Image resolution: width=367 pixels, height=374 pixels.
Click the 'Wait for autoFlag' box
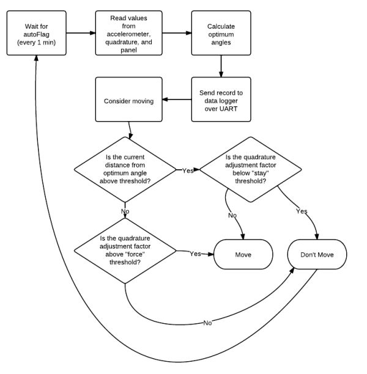pyautogui.click(x=37, y=33)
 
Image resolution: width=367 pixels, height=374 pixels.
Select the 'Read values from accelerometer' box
pyautogui.click(x=129, y=33)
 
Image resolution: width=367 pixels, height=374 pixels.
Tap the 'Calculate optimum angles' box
pyautogui.click(x=221, y=33)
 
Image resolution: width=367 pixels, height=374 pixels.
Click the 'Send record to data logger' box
pyautogui.click(x=221, y=100)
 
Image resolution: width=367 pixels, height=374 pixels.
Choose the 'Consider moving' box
pyautogui.click(x=129, y=100)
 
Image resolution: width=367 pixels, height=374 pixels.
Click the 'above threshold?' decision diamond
pyautogui.click(x=125, y=170)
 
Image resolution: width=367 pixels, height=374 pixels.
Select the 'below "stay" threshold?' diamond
pyautogui.click(x=250, y=170)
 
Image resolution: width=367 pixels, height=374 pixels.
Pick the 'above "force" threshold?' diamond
pyautogui.click(x=125, y=251)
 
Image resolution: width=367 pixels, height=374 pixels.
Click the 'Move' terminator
pyautogui.click(x=243, y=254)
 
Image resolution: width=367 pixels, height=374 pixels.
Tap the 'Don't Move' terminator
pyautogui.click(x=317, y=254)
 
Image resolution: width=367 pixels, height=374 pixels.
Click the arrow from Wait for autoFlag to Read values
pyautogui.click(x=81, y=33)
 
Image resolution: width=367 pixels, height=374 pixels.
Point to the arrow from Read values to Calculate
pyautogui.click(x=177, y=33)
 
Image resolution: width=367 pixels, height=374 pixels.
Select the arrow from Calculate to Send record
pyautogui.click(x=221, y=67)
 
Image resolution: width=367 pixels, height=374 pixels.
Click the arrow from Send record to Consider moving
pyautogui.click(x=177, y=100)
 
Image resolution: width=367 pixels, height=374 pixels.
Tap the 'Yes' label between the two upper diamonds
pyautogui.click(x=188, y=170)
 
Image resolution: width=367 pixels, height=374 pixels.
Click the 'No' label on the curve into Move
pyautogui.click(x=232, y=215)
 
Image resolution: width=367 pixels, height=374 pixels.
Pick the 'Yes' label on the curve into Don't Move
pyautogui.click(x=302, y=211)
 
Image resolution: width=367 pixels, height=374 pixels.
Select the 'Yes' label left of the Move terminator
pyautogui.click(x=195, y=254)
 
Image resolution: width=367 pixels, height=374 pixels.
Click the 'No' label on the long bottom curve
pyautogui.click(x=207, y=323)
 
